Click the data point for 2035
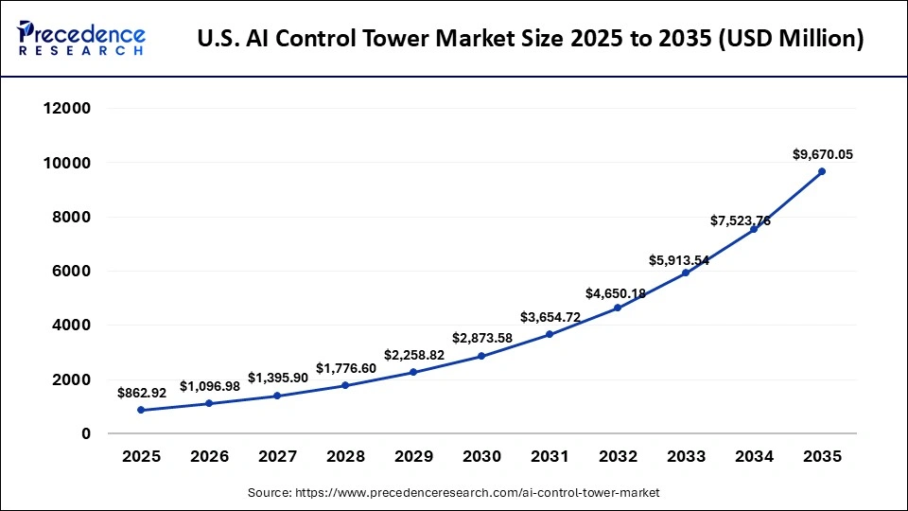pyautogui.click(x=822, y=171)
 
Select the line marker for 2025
pyautogui.click(x=141, y=410)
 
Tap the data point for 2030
pyautogui.click(x=481, y=356)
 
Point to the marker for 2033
pyautogui.click(x=686, y=273)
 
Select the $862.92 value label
pyautogui.click(x=141, y=392)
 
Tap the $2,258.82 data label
pyautogui.click(x=414, y=355)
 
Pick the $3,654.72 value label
pyautogui.click(x=550, y=317)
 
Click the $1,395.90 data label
pyautogui.click(x=278, y=378)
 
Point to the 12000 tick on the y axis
pyautogui.click(x=66, y=109)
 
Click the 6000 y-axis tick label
pyautogui.click(x=71, y=272)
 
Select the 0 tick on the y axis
pyautogui.click(x=85, y=433)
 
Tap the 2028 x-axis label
pyautogui.click(x=345, y=457)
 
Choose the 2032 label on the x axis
pyautogui.click(x=618, y=457)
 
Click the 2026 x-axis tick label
pyautogui.click(x=209, y=457)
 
